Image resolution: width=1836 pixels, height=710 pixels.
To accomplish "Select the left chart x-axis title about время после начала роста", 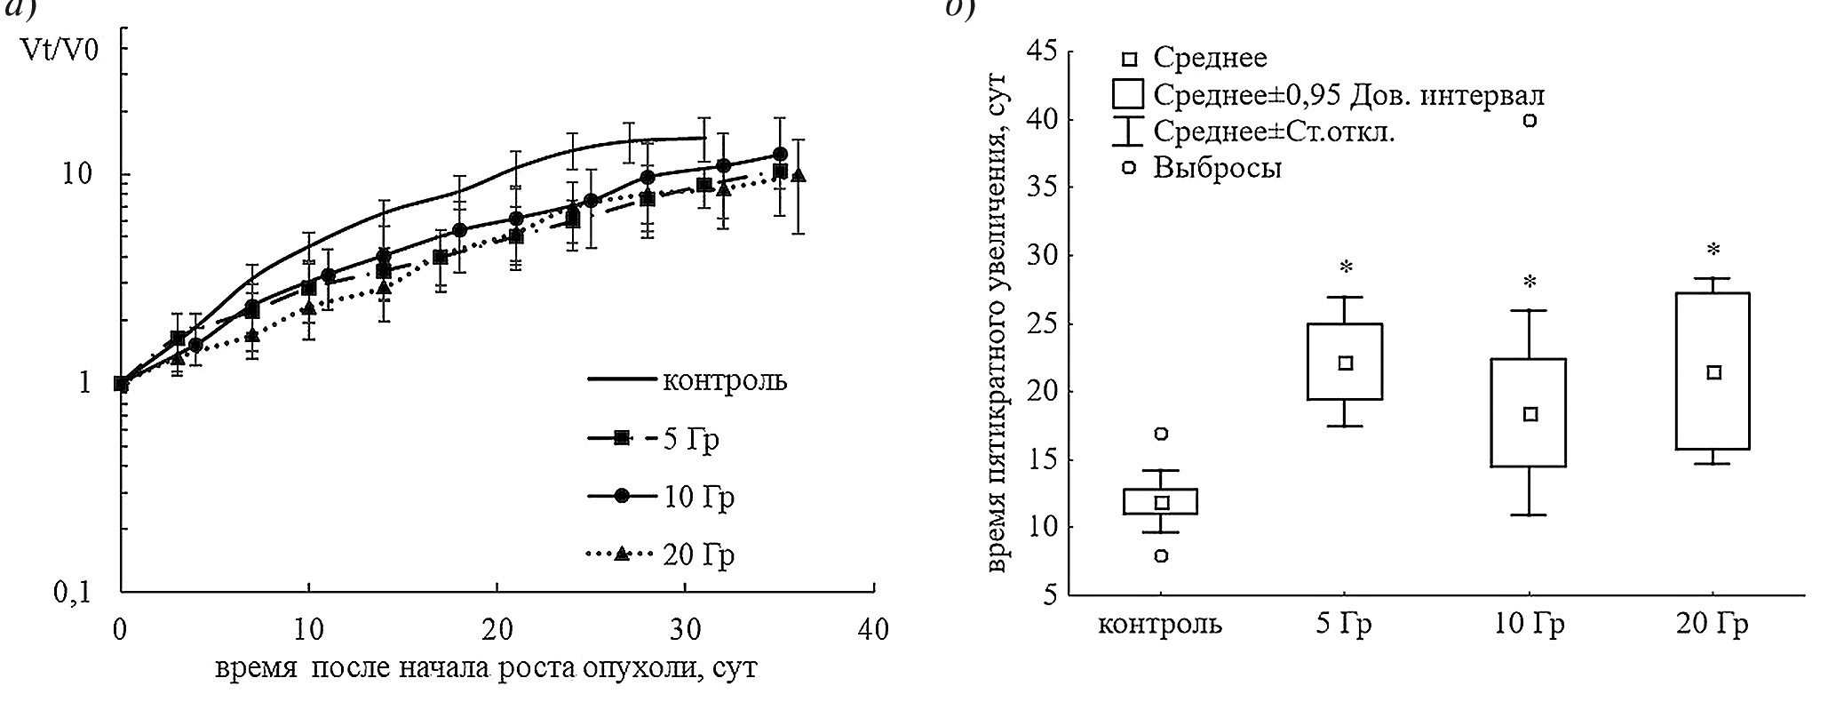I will point(486,667).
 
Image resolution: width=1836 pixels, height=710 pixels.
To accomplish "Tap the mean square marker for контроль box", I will point(1160,502).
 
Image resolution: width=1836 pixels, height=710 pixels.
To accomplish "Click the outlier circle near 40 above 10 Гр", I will point(1530,121).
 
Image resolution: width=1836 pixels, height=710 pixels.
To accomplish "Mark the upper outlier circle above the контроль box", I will point(1160,434).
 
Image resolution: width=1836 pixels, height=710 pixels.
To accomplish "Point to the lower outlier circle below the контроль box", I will point(1160,555).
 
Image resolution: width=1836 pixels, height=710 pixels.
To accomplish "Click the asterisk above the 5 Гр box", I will point(1346,267).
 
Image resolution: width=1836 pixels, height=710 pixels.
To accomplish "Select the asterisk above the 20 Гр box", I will point(1713,250).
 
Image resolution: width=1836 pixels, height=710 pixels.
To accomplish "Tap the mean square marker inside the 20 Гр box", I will point(1713,372).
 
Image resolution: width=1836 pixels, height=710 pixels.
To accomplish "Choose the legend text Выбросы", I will point(1217,168).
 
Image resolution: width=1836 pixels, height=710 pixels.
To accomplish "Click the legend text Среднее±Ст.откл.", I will point(1274,132).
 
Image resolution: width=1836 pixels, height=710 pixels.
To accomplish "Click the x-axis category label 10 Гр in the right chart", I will point(1529,625).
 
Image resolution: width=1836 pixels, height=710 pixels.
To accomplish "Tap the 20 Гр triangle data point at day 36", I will point(799,174).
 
